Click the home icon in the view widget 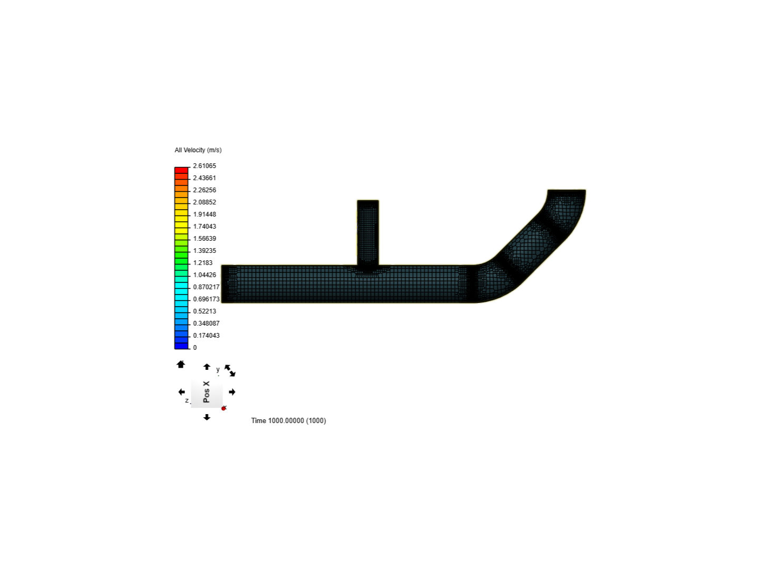click(180, 364)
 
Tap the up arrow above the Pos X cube click(207, 367)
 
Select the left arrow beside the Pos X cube click(181, 392)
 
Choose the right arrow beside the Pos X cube click(232, 392)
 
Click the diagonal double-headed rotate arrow click(230, 370)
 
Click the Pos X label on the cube click(207, 392)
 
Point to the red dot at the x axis click(223, 408)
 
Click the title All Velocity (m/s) click(198, 150)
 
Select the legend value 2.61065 click(205, 166)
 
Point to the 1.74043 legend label click(205, 227)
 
